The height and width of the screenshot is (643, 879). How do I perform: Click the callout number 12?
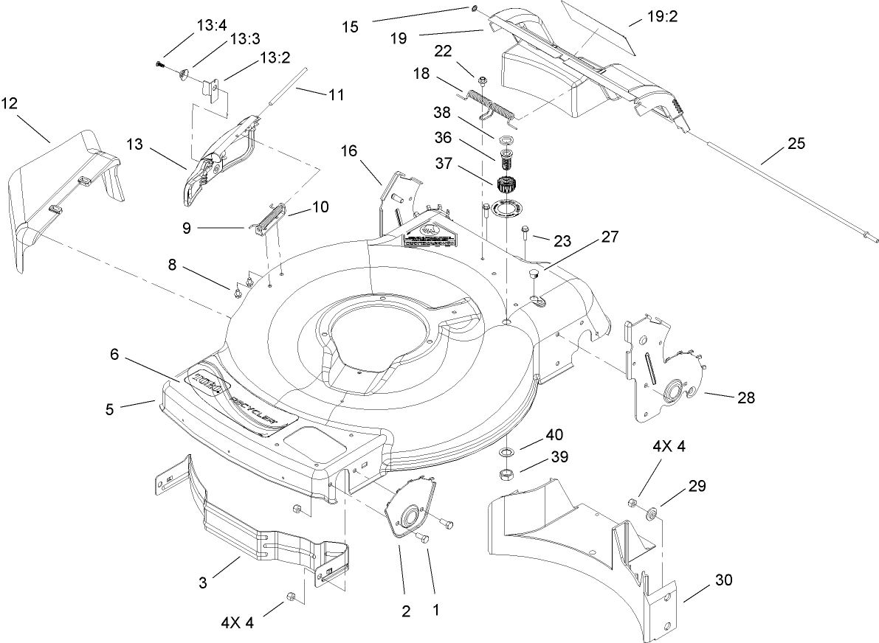(x=10, y=103)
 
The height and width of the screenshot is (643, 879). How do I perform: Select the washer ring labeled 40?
(x=509, y=451)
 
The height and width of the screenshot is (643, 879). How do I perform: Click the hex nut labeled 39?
(x=509, y=473)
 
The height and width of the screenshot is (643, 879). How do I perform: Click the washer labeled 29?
(x=652, y=512)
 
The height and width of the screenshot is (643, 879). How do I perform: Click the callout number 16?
(x=349, y=152)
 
